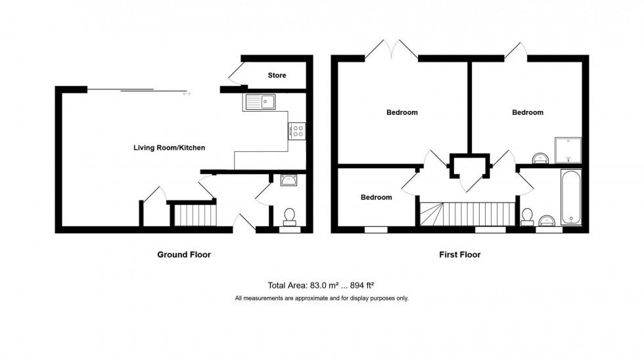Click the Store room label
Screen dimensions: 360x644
pos(277,76)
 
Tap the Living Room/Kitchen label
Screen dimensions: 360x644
pos(169,148)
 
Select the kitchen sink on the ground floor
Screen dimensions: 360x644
pos(262,102)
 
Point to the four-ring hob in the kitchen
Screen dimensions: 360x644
pos(296,131)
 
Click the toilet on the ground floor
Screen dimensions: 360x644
pos(289,217)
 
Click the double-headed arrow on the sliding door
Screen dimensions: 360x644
pos(187,93)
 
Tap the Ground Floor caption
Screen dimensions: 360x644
pos(184,254)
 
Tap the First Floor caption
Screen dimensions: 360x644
pos(460,254)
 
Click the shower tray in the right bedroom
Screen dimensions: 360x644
pos(567,150)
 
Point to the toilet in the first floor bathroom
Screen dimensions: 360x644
pos(527,217)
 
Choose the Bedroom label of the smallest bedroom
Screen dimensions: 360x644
pos(376,197)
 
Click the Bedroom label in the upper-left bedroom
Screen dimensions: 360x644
pos(402,112)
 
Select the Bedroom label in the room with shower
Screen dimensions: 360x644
pos(528,112)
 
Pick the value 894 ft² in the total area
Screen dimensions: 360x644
pos(363,285)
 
